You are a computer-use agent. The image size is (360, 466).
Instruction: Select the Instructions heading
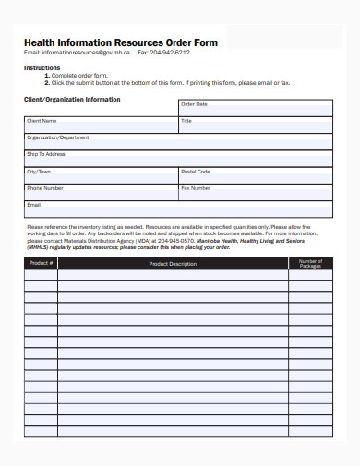click(42, 68)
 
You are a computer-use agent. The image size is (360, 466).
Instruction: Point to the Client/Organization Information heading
click(71, 99)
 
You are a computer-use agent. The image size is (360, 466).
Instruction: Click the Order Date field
click(256, 109)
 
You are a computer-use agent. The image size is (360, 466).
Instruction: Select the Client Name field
click(101, 125)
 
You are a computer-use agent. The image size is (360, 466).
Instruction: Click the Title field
click(256, 125)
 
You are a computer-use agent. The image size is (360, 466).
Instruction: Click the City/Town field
click(101, 175)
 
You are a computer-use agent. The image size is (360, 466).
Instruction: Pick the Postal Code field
click(256, 175)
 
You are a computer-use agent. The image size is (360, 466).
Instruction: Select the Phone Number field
click(101, 192)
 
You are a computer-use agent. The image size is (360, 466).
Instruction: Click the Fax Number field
click(256, 192)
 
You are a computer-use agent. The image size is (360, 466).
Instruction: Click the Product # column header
click(42, 264)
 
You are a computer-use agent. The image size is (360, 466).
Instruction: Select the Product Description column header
click(173, 264)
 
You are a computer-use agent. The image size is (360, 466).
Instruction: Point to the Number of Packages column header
click(310, 264)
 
